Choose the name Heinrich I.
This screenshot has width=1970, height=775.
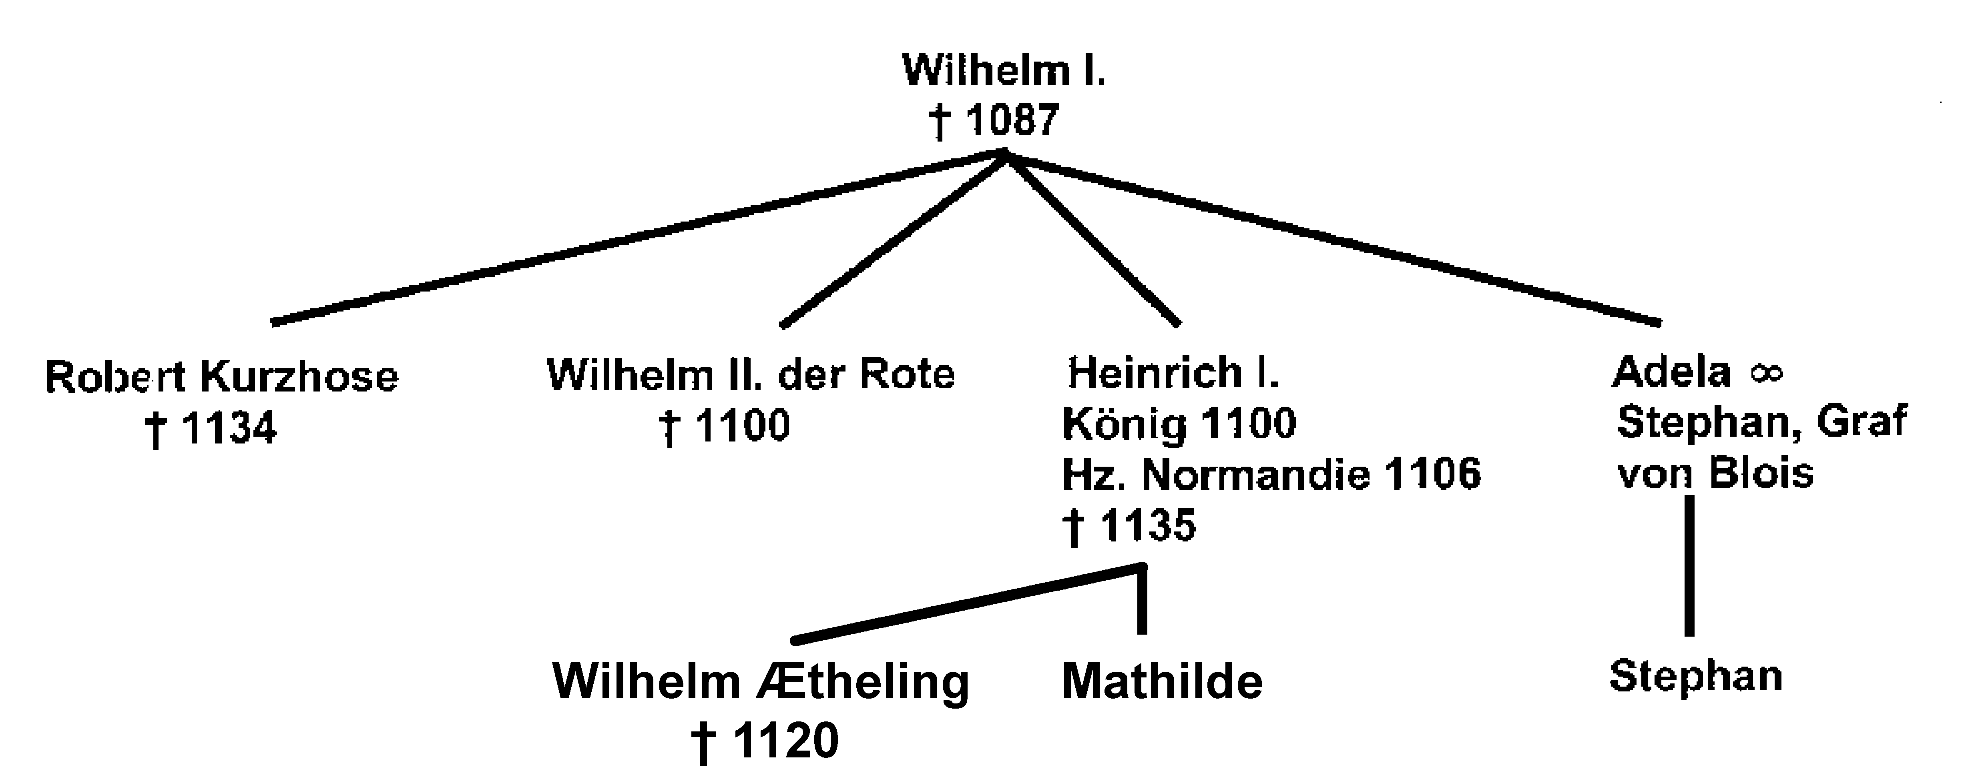pyautogui.click(x=1173, y=373)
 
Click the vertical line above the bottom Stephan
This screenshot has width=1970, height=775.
pyautogui.click(x=1689, y=565)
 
